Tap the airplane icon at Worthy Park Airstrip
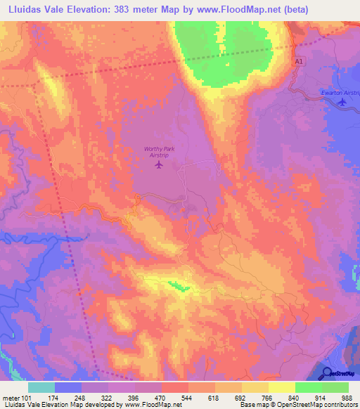point(157,166)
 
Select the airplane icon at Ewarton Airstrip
point(342,103)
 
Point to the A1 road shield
point(300,63)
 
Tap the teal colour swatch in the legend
point(41,387)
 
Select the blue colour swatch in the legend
point(68,387)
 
